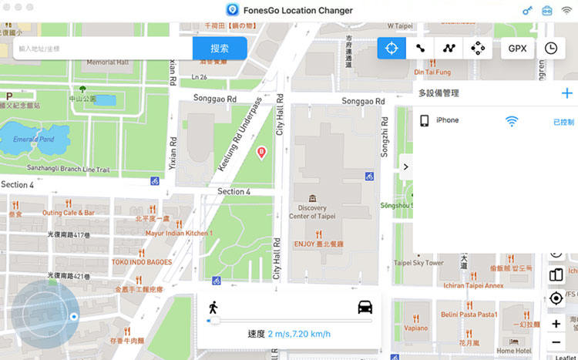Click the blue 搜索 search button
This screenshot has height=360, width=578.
tap(220, 48)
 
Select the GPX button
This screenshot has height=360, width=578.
tap(517, 48)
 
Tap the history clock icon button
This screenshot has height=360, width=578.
tap(551, 48)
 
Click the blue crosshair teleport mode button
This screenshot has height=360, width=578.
tap(391, 48)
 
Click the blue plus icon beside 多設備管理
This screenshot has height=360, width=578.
tap(567, 93)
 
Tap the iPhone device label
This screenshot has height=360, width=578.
tap(447, 120)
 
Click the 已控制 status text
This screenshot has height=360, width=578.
tap(563, 122)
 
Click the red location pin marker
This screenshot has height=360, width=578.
tap(261, 152)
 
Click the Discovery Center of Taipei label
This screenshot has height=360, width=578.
tap(312, 212)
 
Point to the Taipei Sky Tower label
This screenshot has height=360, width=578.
tap(418, 263)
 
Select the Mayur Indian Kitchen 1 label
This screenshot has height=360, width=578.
tap(179, 233)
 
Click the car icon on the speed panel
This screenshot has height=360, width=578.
tap(365, 306)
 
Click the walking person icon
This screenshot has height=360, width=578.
tap(213, 307)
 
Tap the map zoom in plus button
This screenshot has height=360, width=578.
tap(556, 324)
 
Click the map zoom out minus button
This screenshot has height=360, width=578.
tap(556, 342)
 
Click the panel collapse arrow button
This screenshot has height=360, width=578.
tap(405, 166)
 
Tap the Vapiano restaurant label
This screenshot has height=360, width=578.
tap(416, 328)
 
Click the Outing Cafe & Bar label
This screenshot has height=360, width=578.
tap(69, 213)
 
